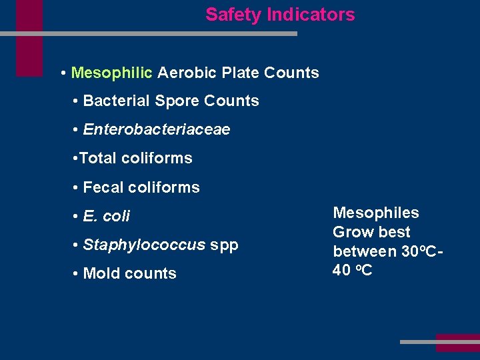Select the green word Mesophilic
tap(111, 73)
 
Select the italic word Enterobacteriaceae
tap(157, 130)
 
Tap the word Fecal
tap(103, 188)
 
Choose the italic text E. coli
tap(107, 217)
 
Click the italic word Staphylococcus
tap(144, 245)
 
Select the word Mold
tap(101, 274)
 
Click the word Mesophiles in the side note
tap(376, 213)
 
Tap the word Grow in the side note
tap(351, 233)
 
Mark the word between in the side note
tap(363, 252)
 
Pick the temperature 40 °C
tap(353, 271)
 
